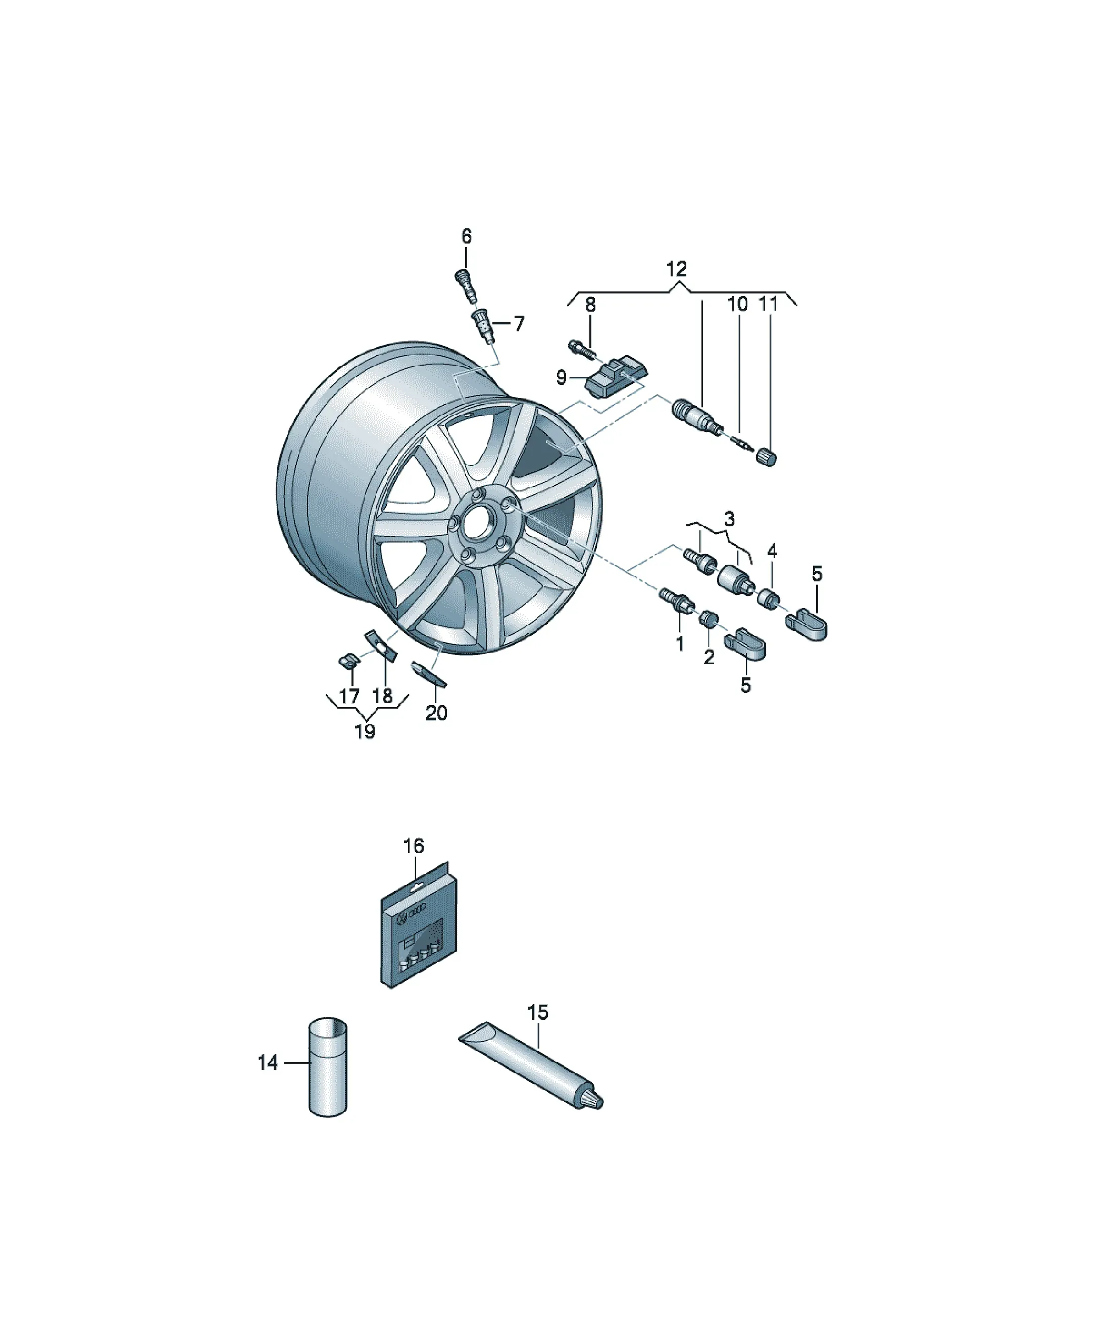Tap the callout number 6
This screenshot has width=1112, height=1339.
click(x=466, y=236)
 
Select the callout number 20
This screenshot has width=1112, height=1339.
click(x=436, y=712)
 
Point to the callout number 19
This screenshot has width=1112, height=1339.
click(x=364, y=731)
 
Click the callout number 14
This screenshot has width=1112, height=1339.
click(x=268, y=1062)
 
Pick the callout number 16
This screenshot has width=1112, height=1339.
click(x=413, y=846)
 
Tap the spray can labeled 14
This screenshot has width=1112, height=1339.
click(x=328, y=1076)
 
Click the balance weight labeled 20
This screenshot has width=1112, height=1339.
click(x=428, y=674)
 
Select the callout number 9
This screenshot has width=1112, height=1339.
click(x=561, y=377)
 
